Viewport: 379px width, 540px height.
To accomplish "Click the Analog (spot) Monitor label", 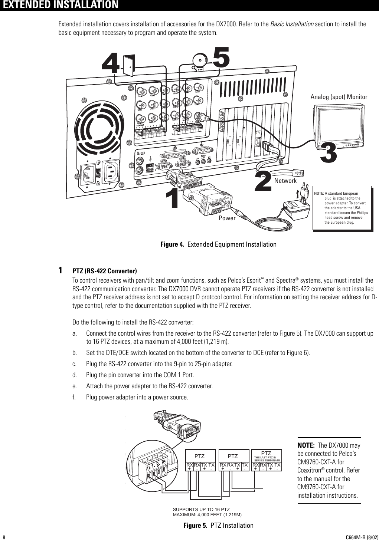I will (339, 97).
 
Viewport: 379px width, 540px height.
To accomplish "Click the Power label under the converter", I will (227, 218).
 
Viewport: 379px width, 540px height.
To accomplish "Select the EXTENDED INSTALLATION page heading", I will (59, 5).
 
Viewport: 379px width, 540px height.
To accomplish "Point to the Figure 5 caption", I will (218, 525).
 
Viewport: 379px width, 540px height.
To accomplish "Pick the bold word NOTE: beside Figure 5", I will (306, 445).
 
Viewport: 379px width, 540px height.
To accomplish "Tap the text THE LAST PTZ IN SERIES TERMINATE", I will (267, 458).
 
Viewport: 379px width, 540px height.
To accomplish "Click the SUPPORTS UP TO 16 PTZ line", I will (202, 510).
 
